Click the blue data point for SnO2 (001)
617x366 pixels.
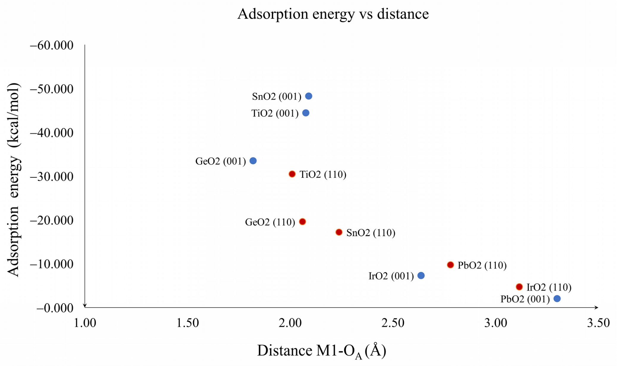click(308, 96)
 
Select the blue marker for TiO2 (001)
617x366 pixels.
click(306, 113)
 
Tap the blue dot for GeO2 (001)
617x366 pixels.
click(253, 161)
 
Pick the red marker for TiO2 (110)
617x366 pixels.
click(292, 174)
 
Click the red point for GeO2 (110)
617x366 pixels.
click(302, 222)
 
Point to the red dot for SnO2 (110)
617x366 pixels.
click(339, 232)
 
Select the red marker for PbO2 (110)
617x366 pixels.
click(450, 265)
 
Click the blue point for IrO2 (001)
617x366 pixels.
click(421, 275)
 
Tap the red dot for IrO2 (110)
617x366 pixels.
click(519, 287)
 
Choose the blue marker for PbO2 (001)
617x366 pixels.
click(557, 299)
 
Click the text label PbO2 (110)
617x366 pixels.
click(482, 265)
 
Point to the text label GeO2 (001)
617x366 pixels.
click(220, 161)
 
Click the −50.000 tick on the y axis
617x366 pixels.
click(52, 89)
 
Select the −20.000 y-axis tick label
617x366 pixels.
click(52, 220)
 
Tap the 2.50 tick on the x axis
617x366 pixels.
click(393, 323)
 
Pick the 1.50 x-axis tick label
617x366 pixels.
click(188, 323)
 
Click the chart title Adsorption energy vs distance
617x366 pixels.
click(333, 14)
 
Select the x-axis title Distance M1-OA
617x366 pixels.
click(321, 351)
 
